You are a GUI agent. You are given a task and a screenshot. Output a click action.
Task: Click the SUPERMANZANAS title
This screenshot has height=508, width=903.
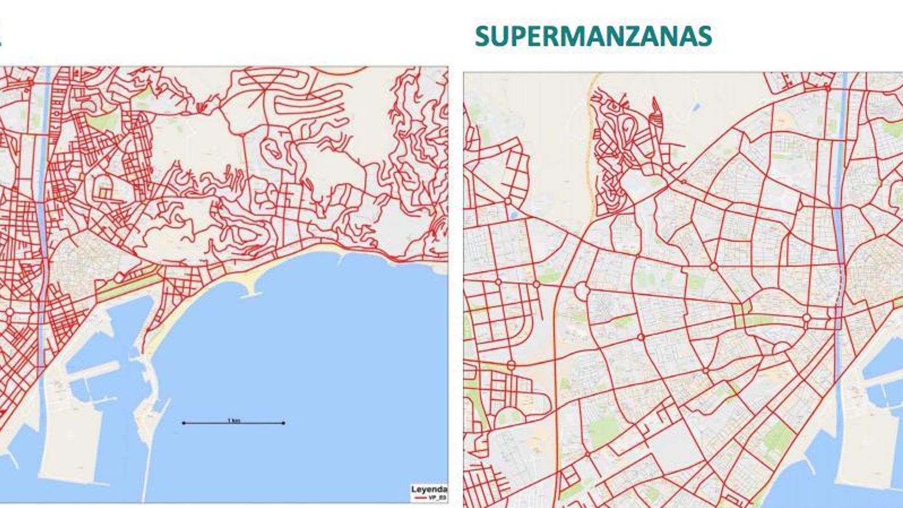593,36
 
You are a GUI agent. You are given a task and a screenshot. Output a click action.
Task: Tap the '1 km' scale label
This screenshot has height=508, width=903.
234,420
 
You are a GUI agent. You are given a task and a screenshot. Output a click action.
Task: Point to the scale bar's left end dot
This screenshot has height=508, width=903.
183,423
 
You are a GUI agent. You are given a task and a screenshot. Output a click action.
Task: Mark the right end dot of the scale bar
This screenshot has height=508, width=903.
283,423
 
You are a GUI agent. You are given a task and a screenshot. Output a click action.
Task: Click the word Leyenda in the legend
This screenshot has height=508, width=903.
429,489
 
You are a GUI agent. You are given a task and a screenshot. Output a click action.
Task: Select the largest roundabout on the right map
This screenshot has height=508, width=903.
581,291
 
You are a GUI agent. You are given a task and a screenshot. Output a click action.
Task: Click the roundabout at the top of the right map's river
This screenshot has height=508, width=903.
827,88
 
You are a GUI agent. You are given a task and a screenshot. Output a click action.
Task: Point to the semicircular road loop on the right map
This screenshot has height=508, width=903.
782,348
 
